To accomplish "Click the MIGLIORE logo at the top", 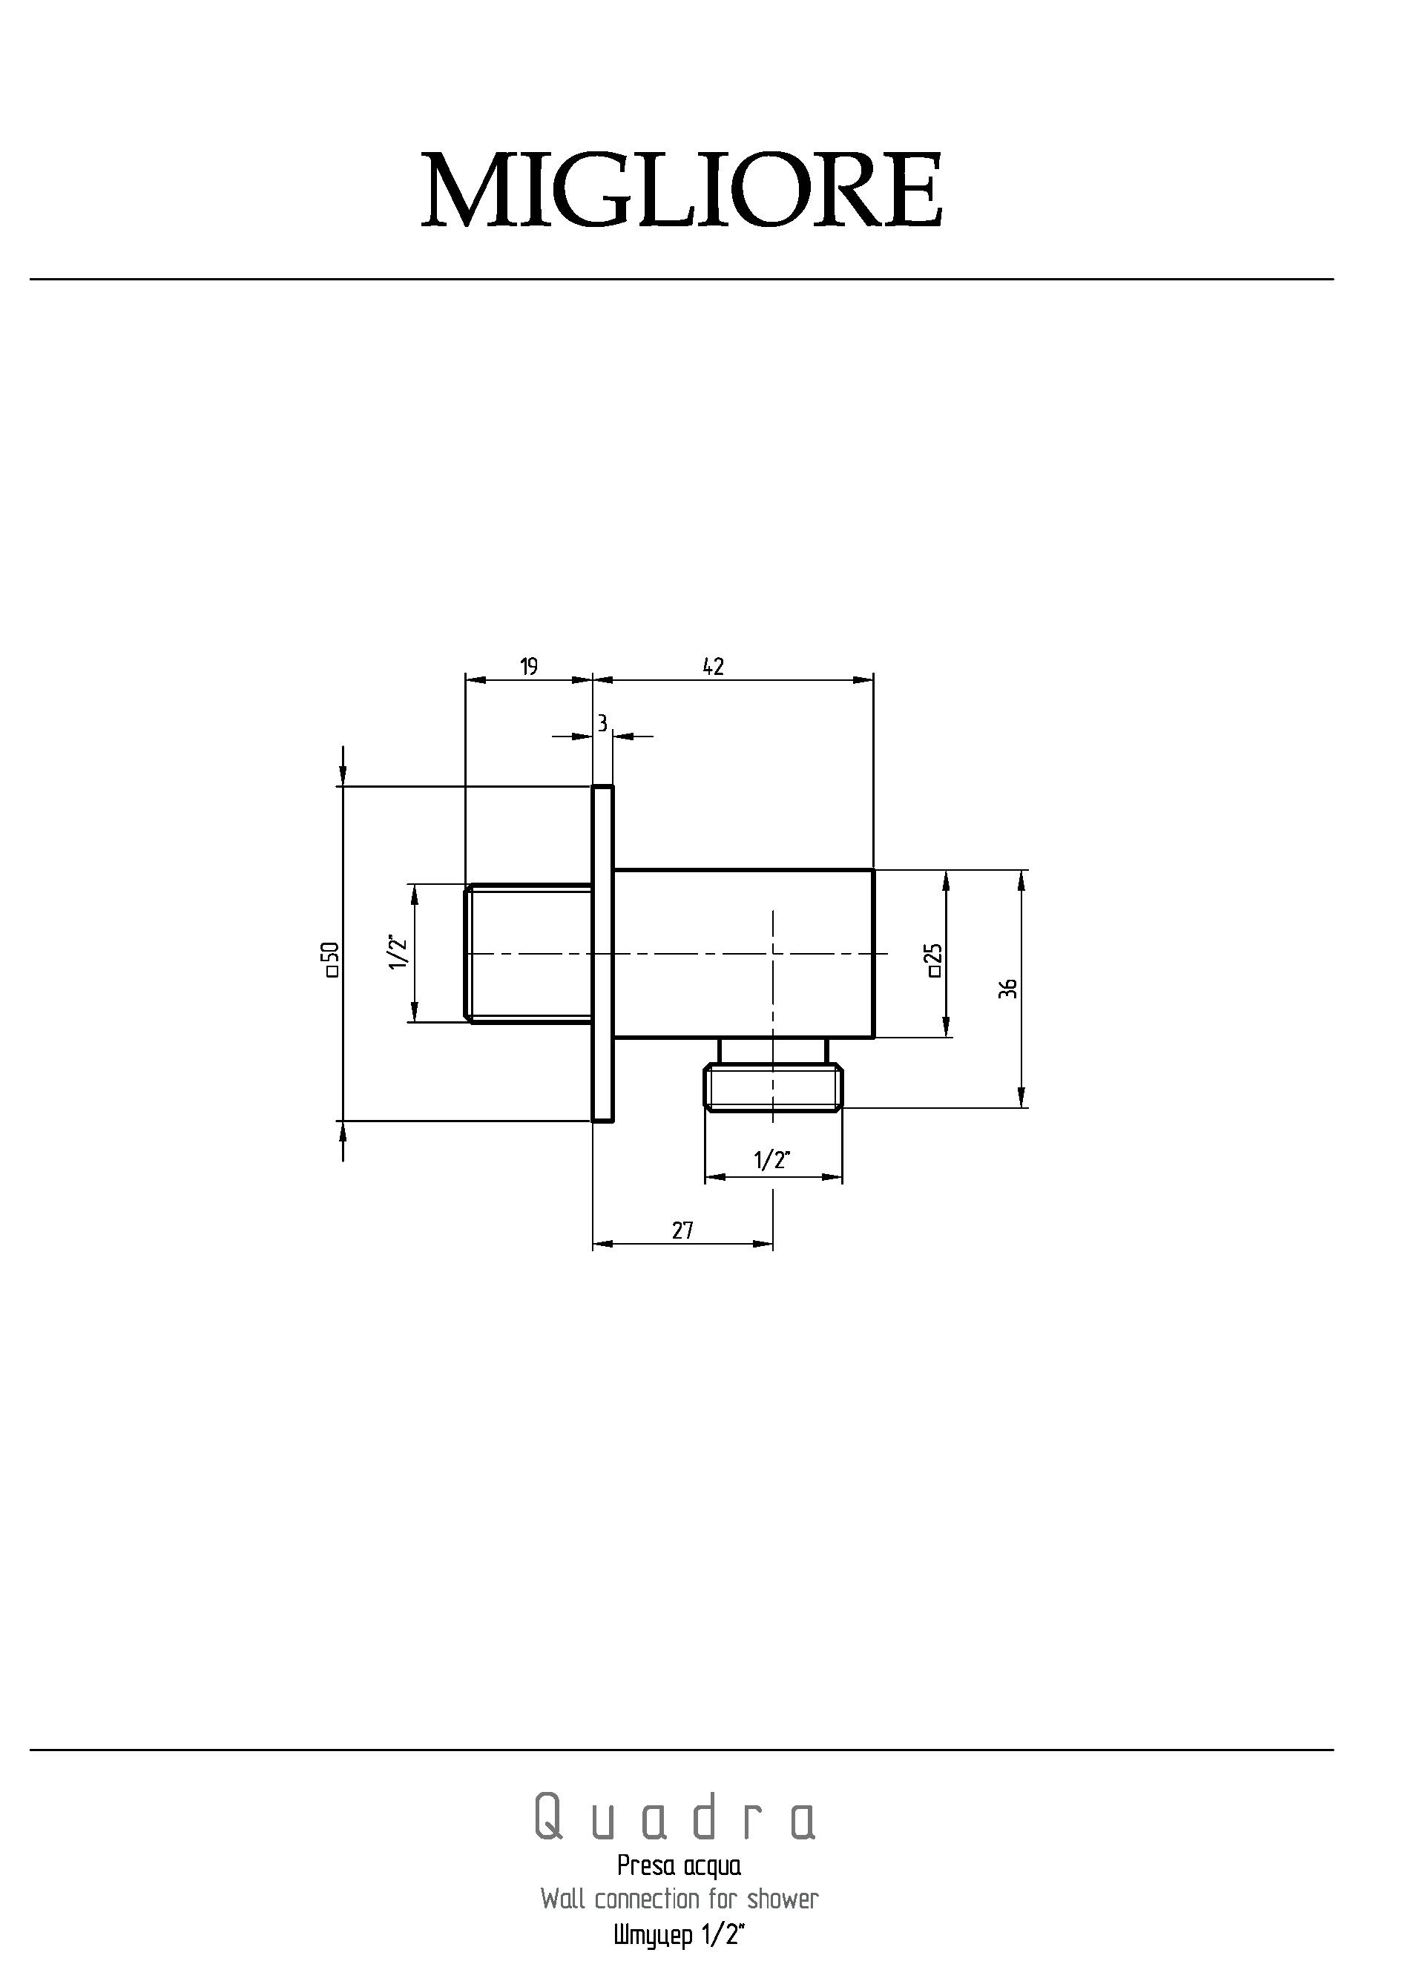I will coord(681,190).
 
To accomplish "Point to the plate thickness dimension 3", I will coord(602,722).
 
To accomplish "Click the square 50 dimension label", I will coord(330,959).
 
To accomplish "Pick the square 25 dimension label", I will coord(933,960).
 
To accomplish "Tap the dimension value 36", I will coord(1007,988).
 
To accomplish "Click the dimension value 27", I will coord(682,1230).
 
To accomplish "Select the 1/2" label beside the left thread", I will coord(398,952).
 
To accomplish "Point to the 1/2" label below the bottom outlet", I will coord(772,1161).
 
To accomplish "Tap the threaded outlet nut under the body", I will coord(773,1087).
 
